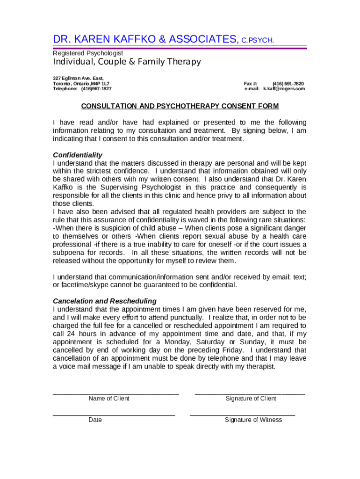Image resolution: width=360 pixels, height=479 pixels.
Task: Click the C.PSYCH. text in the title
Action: pyautogui.click(x=257, y=40)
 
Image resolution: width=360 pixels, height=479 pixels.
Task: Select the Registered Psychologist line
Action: pyautogui.click(x=88, y=53)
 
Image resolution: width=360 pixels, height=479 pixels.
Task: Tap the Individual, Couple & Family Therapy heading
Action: pyautogui.click(x=127, y=62)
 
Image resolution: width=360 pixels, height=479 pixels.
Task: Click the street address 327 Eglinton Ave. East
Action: pyautogui.click(x=78, y=78)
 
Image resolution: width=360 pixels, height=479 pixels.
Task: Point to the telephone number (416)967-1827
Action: pyautogui.click(x=96, y=88)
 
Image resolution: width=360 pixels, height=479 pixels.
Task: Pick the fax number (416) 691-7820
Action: pyautogui.click(x=288, y=83)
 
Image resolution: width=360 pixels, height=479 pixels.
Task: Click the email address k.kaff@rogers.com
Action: pyautogui.click(x=284, y=88)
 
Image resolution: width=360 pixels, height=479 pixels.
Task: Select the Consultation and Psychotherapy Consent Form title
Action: pyautogui.click(x=180, y=106)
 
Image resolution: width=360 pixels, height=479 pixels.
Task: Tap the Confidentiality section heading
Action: pyautogui.click(x=78, y=155)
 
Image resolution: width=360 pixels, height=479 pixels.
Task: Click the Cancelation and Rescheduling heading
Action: pyautogui.click(x=105, y=301)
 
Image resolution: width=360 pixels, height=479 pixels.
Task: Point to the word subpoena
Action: pyautogui.click(x=69, y=253)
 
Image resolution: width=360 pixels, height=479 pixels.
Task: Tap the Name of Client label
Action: pyautogui.click(x=109, y=399)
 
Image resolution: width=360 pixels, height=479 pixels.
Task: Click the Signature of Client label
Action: pyautogui.click(x=251, y=399)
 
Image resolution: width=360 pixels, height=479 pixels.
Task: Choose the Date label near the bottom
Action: pyautogui.click(x=95, y=420)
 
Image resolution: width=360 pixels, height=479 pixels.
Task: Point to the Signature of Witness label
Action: pyautogui.click(x=253, y=420)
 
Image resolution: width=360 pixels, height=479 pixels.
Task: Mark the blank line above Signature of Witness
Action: pyautogui.click(x=242, y=415)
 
